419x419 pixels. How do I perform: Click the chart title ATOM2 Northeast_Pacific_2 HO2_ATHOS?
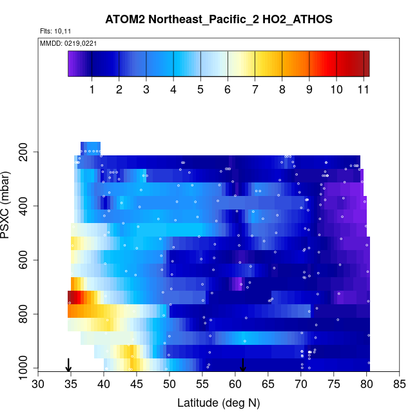(x=219, y=20)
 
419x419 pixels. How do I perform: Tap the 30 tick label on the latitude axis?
(x=39, y=385)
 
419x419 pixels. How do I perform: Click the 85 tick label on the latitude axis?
(x=400, y=385)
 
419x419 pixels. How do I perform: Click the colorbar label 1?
(x=92, y=90)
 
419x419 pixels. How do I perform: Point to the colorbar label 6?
(x=228, y=90)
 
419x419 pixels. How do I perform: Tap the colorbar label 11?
(x=364, y=90)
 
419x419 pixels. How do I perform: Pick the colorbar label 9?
(x=309, y=90)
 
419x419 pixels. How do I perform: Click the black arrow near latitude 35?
(x=69, y=365)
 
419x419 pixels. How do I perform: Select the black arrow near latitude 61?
(x=243, y=365)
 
